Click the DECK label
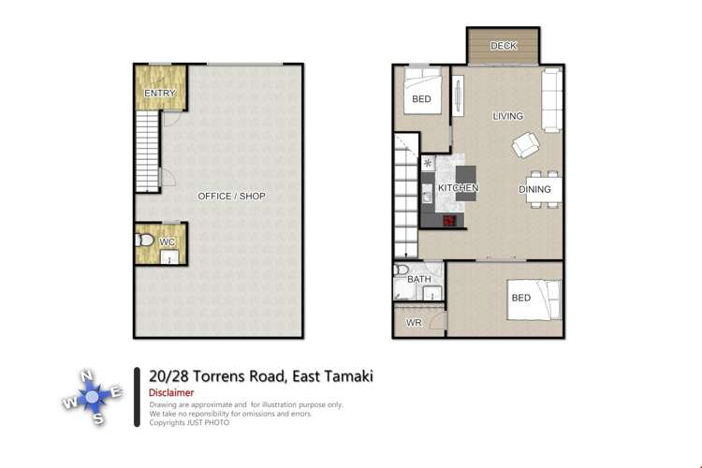[x=504, y=46]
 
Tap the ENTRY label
[x=160, y=94]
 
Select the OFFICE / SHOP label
[x=231, y=197]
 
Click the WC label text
[x=167, y=242]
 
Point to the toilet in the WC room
[x=145, y=242]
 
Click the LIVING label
[x=508, y=116]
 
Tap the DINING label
[x=535, y=189]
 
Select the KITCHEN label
[x=459, y=188]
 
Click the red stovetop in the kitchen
[x=449, y=220]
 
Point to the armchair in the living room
[x=525, y=145]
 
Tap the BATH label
[x=418, y=279]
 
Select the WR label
[x=413, y=323]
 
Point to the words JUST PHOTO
[x=208, y=422]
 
